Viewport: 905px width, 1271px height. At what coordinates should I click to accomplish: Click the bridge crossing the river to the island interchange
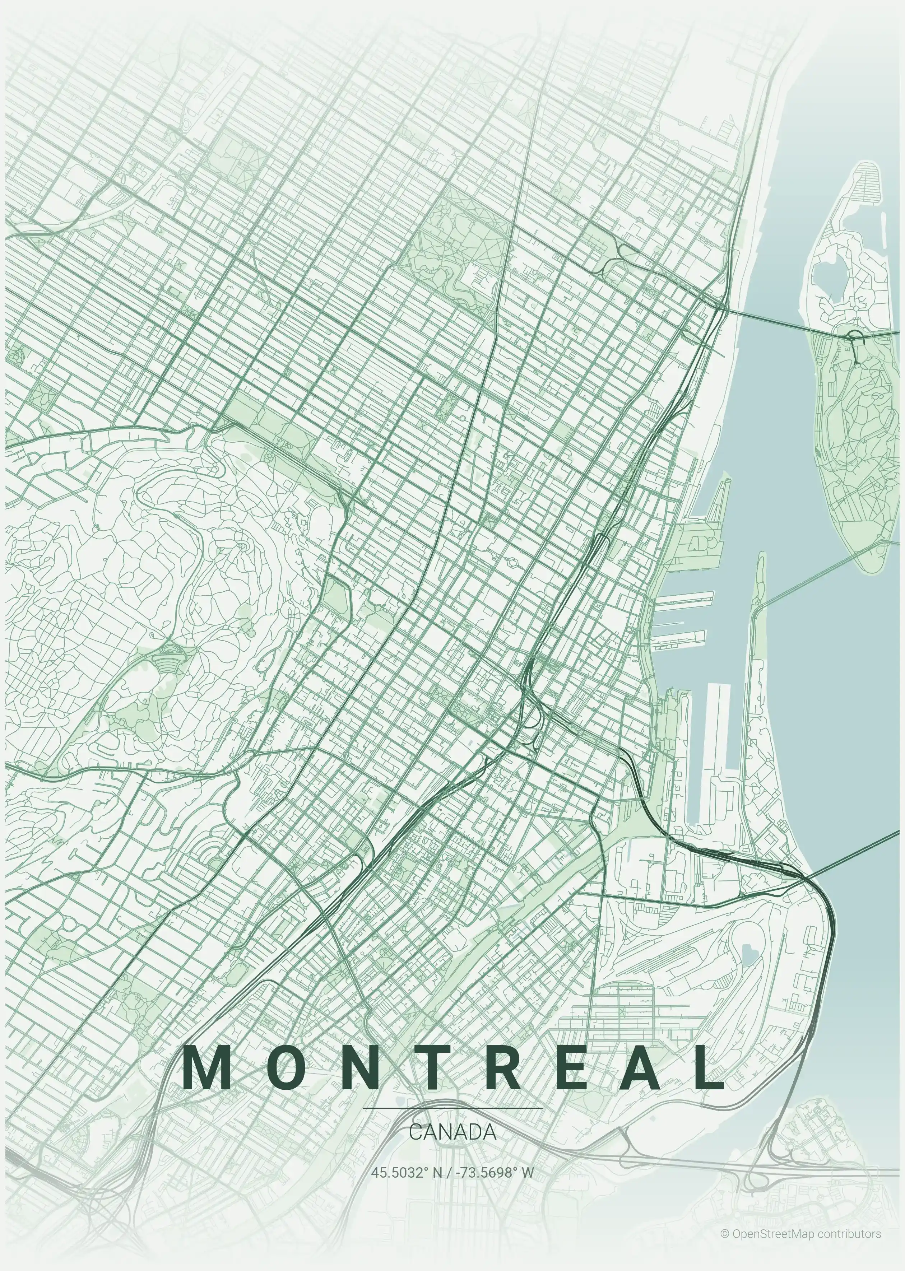780,322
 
